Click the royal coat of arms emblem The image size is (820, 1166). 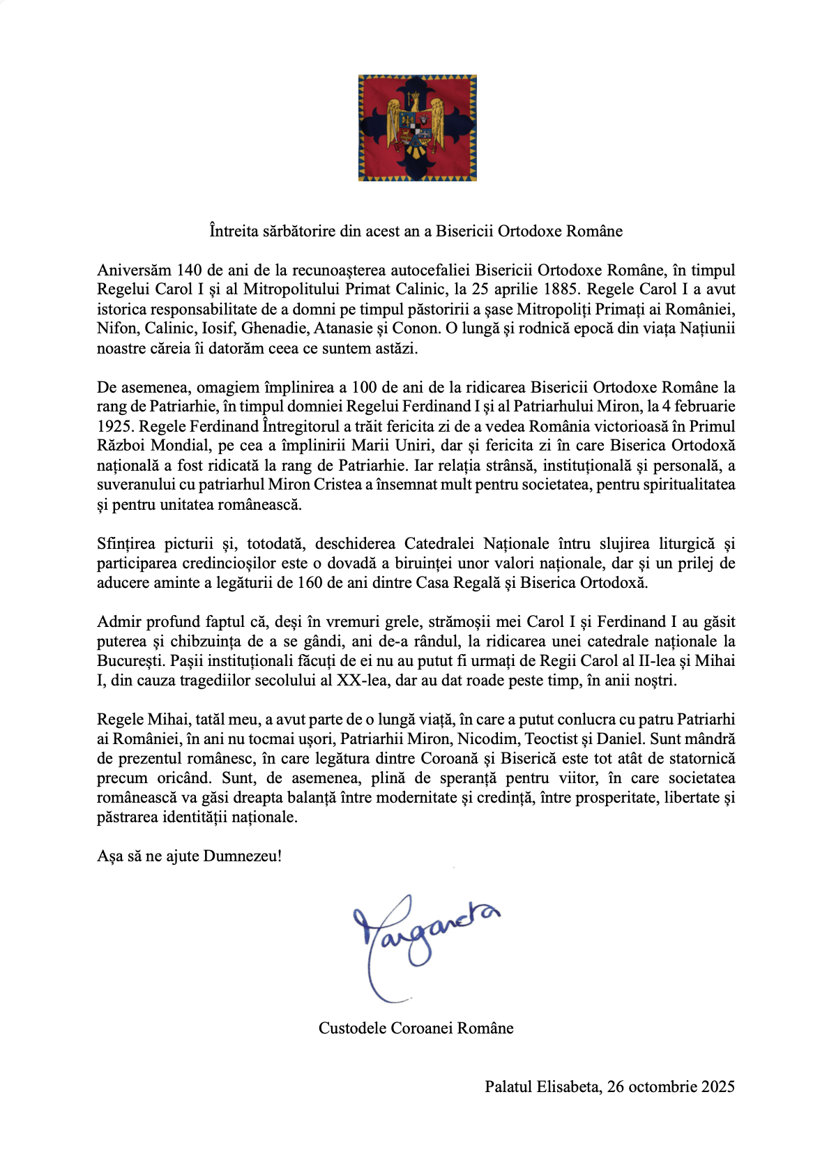coord(417,128)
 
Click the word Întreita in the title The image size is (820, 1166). coord(234,231)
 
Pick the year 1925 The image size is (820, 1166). coord(114,426)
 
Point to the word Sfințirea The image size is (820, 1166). coord(126,543)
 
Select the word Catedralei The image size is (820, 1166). coord(439,543)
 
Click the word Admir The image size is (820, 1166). coord(118,621)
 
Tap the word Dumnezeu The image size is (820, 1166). coord(240,856)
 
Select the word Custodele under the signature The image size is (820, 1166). coord(351,1028)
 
